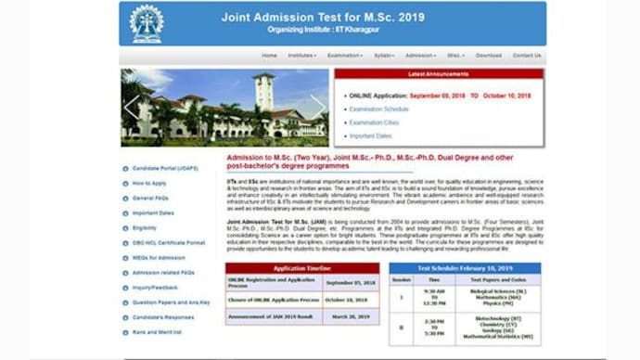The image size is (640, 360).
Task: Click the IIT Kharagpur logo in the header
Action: (147, 23)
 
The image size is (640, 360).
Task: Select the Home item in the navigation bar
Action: (269, 56)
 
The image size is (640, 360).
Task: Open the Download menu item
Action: (489, 56)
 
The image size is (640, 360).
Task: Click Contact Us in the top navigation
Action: (526, 56)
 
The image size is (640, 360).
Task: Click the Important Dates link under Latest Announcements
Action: (370, 135)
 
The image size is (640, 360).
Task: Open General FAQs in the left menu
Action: (150, 199)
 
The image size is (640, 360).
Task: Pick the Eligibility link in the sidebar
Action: (145, 227)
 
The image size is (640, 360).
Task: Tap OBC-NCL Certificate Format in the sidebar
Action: (169, 242)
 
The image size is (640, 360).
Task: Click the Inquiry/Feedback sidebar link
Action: (155, 287)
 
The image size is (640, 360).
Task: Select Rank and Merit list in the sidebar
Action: (157, 331)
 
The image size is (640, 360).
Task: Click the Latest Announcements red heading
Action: (439, 75)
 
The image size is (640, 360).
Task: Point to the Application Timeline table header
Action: (301, 268)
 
